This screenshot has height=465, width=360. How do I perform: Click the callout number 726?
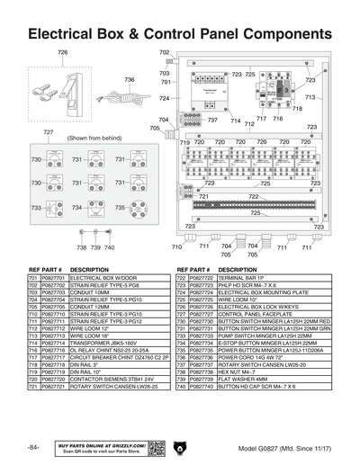click(62, 53)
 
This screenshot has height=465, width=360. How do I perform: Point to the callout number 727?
click(50, 132)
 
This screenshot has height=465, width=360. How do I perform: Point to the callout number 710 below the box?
click(176, 246)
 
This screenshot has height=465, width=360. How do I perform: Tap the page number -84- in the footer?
click(32, 448)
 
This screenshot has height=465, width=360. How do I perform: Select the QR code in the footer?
click(156, 448)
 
